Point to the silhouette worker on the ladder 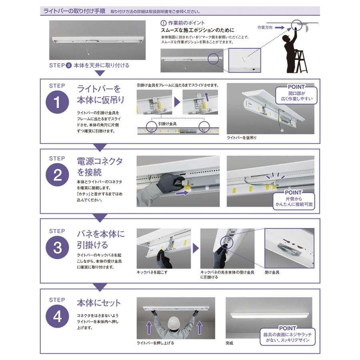[x=290, y=52]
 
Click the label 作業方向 [x=265, y=28]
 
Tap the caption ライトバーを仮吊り [x=242, y=138]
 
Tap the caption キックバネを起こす [x=153, y=272]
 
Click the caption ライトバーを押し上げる [x=156, y=343]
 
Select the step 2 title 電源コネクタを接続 [x=100, y=167]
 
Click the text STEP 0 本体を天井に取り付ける [x=89, y=65]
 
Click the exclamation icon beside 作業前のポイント [x=163, y=23]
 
